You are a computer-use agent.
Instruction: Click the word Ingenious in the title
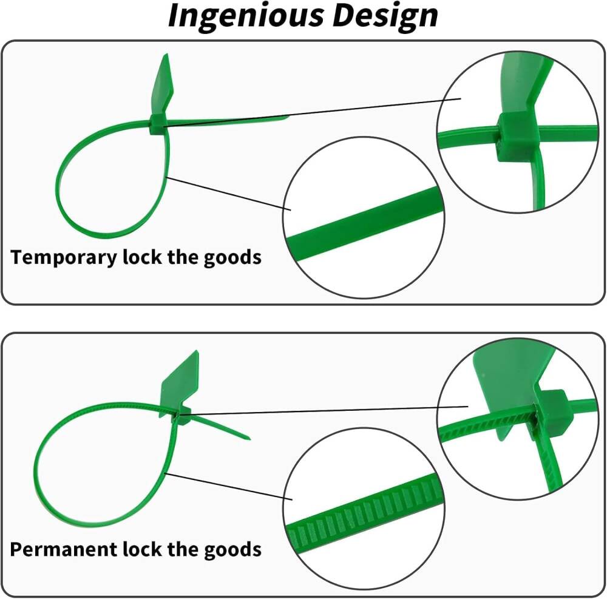246,16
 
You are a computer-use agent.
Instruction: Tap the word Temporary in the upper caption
64,257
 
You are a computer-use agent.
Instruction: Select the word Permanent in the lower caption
64,549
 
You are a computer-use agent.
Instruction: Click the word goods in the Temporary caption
232,257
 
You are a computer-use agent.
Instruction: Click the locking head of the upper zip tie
157,124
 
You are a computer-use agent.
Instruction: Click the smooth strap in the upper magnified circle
364,220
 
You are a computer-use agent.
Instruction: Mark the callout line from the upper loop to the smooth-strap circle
228,194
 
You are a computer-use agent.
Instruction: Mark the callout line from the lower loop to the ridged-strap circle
228,486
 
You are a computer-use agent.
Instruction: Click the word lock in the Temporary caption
141,257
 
